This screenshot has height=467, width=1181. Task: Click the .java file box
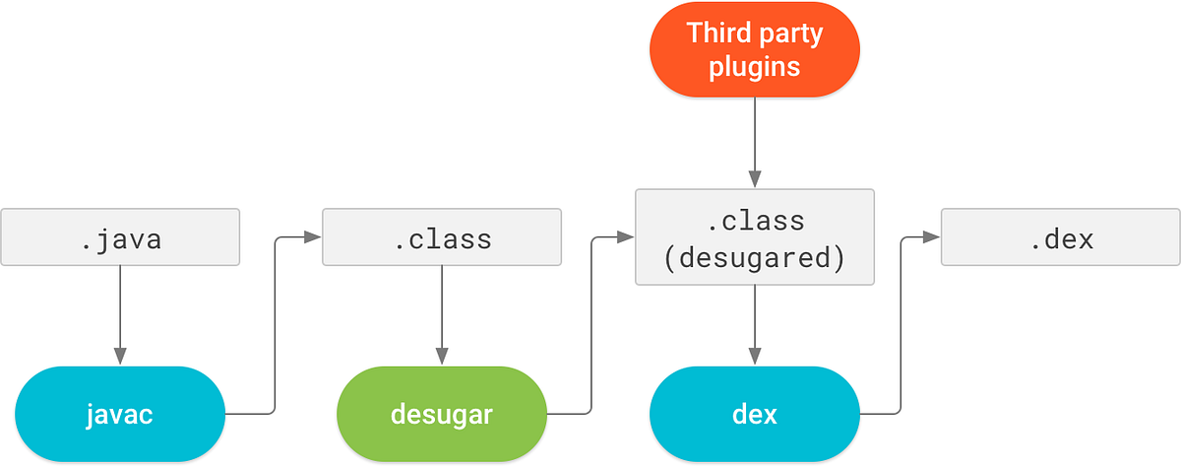[120, 237]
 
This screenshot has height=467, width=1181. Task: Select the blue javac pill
[120, 414]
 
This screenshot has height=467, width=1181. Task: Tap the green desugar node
[441, 414]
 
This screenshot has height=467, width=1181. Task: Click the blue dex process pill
[755, 414]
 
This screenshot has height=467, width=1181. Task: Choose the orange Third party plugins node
[755, 49]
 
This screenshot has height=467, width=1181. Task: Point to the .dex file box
[1061, 237]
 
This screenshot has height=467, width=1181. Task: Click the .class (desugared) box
[755, 237]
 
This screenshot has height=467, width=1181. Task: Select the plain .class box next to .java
[441, 237]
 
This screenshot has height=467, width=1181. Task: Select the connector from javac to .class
[274, 325]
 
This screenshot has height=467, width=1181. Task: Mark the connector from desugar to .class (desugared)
[590, 325]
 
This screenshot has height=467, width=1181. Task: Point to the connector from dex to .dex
[901, 325]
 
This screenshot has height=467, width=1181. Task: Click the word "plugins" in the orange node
[755, 67]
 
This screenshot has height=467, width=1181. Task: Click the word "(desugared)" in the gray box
[755, 258]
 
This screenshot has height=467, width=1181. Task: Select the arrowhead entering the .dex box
[933, 237]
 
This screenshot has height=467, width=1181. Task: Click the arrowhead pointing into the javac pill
[120, 356]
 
